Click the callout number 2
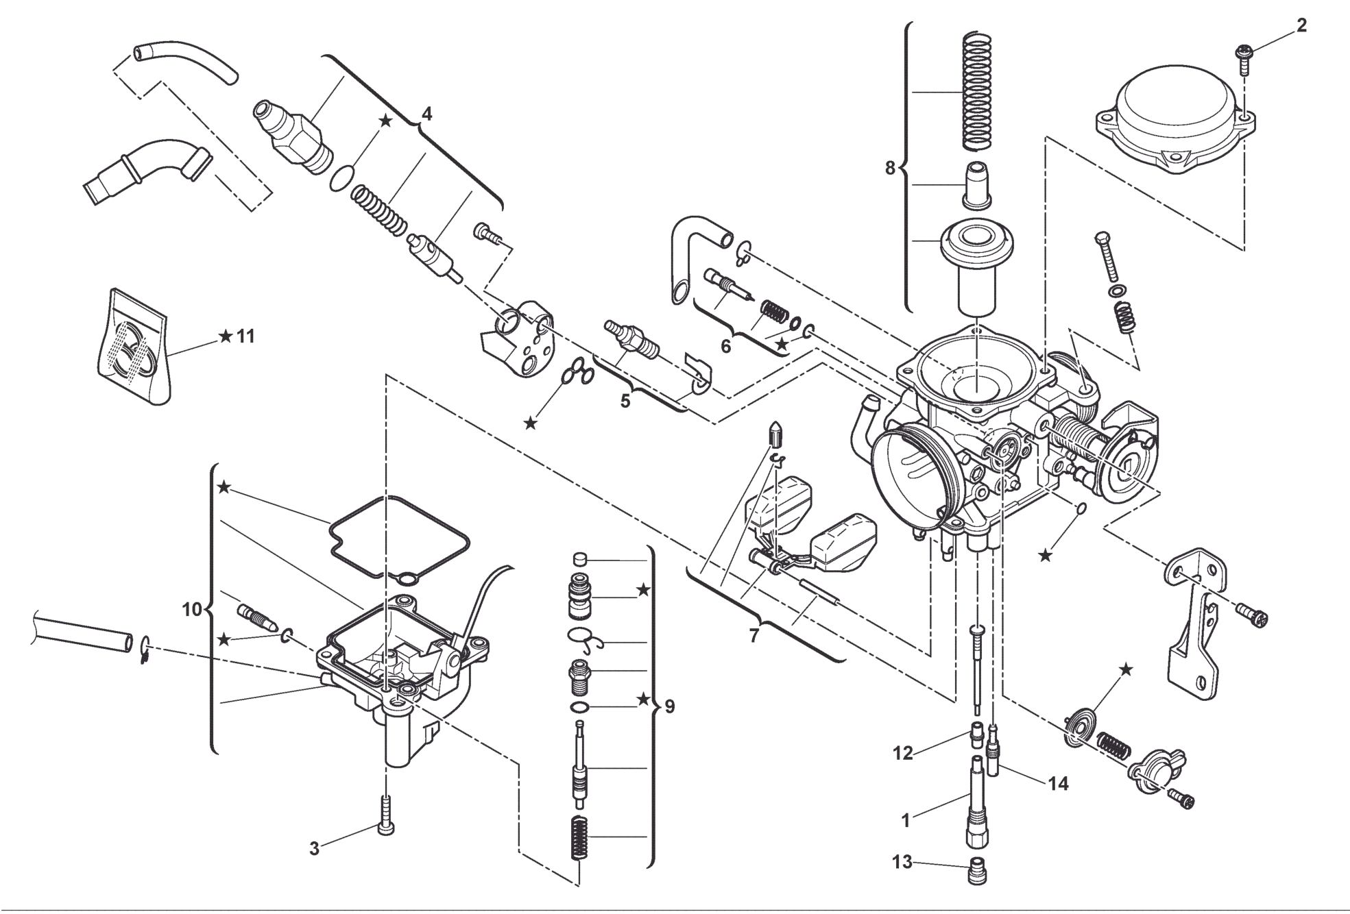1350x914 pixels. pos(1301,26)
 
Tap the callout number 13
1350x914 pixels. pos(902,862)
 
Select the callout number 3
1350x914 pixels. pos(314,849)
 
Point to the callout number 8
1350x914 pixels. pos(890,167)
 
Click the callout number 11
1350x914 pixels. pos(245,336)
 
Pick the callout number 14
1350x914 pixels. pos(1059,783)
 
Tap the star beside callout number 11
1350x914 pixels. pos(225,336)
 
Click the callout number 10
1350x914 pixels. pos(192,608)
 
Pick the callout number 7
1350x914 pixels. pos(754,636)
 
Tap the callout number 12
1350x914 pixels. pos(902,753)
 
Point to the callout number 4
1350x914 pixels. pos(426,114)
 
